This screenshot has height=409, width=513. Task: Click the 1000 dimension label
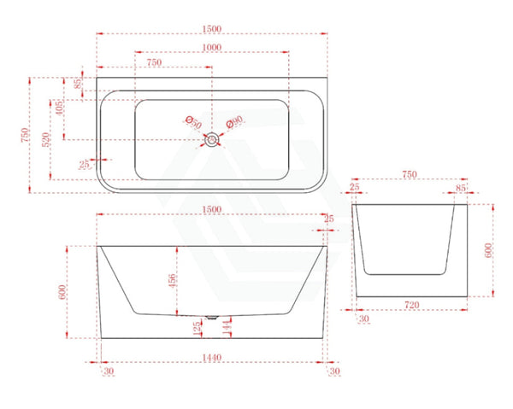coord(212,47)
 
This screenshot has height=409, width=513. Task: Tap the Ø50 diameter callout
coord(193,122)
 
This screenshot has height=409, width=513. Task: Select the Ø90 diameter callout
coord(234,121)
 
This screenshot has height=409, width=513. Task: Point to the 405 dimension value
coord(59,108)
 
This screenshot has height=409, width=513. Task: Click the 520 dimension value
coord(46,139)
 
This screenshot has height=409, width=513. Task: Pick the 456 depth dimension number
coord(172,281)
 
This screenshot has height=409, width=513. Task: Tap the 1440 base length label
coord(211,358)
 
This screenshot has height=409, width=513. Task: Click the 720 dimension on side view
coord(411,305)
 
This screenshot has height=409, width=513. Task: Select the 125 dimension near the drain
coord(197,329)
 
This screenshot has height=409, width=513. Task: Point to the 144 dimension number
coord(227,328)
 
